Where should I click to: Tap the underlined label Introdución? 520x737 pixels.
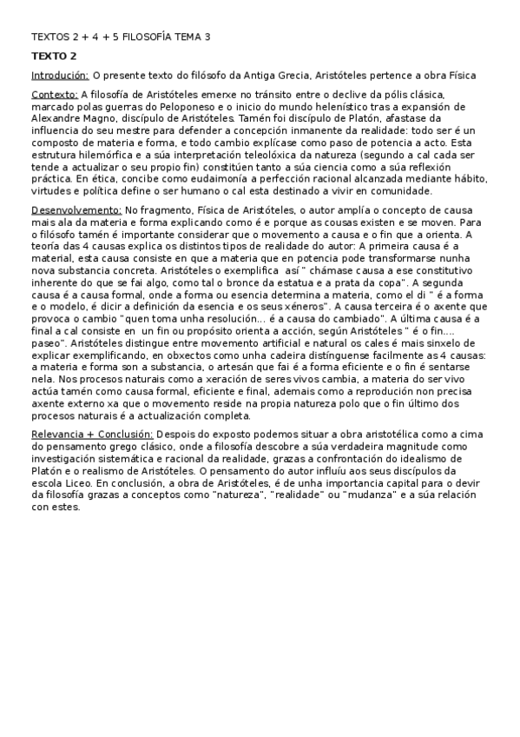pyautogui.click(x=59, y=76)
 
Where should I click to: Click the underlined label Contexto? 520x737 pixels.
pyautogui.click(x=54, y=95)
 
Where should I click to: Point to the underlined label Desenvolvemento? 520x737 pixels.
pyautogui.click(x=76, y=210)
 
